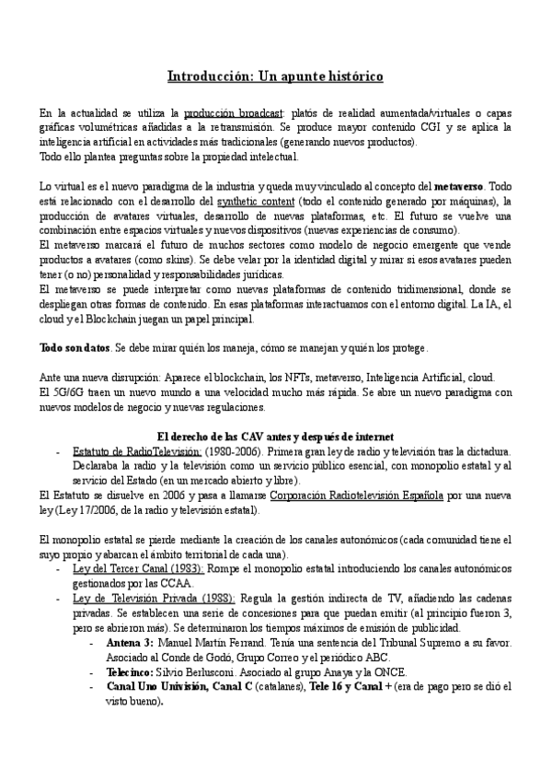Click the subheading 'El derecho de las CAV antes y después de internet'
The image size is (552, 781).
click(x=275, y=436)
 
